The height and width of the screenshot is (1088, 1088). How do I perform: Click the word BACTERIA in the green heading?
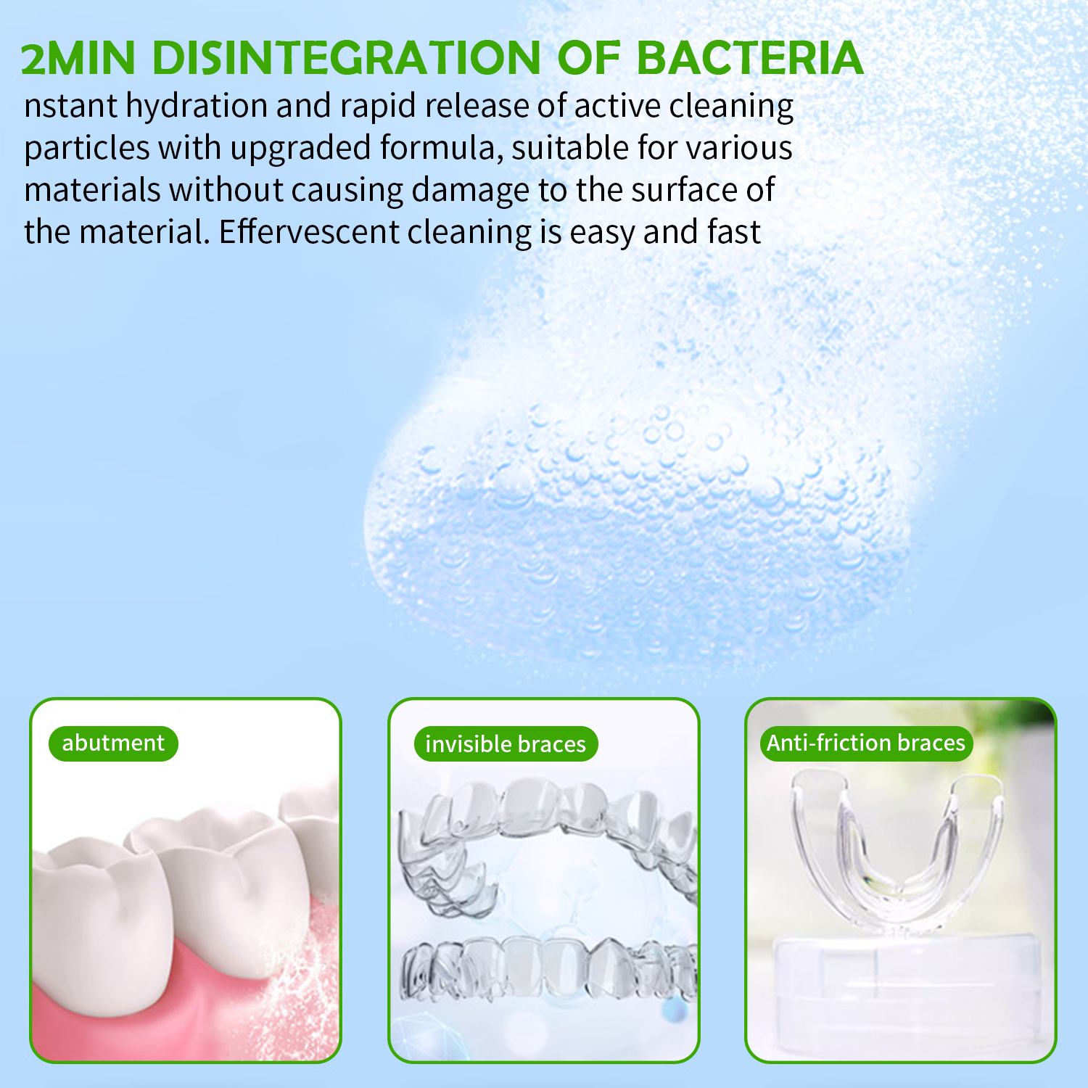coord(749,58)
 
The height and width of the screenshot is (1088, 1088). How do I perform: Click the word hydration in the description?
coord(197,107)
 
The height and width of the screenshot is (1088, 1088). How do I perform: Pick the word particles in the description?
coord(86,149)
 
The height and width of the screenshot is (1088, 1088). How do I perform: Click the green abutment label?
coord(113,743)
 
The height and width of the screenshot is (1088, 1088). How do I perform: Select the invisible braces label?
coord(506,744)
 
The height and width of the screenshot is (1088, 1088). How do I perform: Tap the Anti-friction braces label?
coord(865,743)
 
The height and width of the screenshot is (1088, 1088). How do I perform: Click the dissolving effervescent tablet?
coord(631,522)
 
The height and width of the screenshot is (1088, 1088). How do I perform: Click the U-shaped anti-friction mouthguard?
coord(896,856)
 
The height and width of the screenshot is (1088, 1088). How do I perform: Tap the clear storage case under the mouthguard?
coord(899,994)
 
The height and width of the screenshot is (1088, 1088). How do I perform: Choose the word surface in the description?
coord(683,191)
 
